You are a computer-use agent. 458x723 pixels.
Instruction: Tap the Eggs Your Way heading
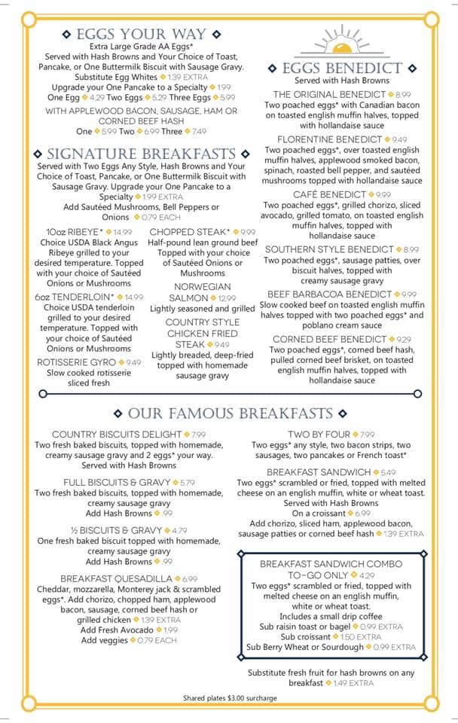pyautogui.click(x=141, y=34)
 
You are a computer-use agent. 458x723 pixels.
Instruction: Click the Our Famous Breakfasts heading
pyautogui.click(x=230, y=413)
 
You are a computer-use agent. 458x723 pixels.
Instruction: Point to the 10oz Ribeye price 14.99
pyautogui.click(x=122, y=232)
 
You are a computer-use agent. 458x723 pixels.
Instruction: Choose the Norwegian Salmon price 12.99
pyautogui.click(x=227, y=298)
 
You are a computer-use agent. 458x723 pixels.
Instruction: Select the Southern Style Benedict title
pyautogui.click(x=329, y=249)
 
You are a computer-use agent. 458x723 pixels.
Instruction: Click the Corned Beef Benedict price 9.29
pyautogui.click(x=405, y=340)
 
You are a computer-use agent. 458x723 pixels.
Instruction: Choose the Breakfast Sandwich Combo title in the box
pyautogui.click(x=331, y=569)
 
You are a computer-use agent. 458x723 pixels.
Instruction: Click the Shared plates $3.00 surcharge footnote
pyautogui.click(x=230, y=698)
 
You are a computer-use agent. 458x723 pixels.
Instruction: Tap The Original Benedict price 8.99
pyautogui.click(x=402, y=95)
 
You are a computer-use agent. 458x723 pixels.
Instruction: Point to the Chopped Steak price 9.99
pyautogui.click(x=247, y=232)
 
